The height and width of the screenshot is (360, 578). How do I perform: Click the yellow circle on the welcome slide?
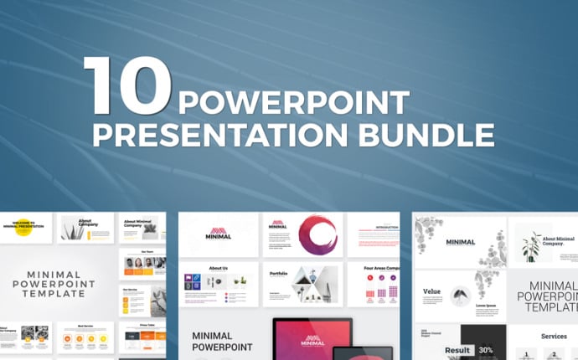point(23,228)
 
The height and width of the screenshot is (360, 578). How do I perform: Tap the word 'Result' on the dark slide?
point(457,349)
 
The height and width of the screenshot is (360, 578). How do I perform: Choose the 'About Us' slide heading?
point(218,270)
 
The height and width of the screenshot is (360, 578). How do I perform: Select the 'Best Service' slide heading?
point(85,326)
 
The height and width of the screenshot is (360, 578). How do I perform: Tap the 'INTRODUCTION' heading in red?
point(387,227)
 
